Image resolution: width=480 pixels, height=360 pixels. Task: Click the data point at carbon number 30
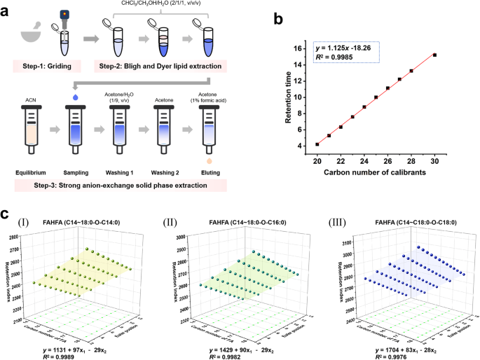[x=435, y=55]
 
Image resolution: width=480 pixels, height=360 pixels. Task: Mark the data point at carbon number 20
[x=317, y=144]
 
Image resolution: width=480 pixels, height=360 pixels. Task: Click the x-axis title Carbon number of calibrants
[x=376, y=173]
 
